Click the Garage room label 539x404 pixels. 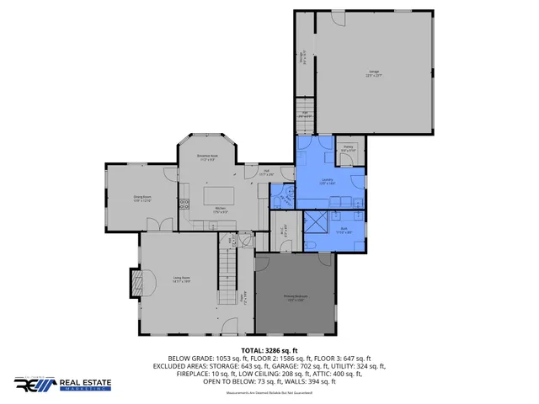point(374,73)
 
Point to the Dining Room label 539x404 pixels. point(141,199)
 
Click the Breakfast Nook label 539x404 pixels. point(208,157)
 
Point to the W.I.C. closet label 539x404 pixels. point(281,231)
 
